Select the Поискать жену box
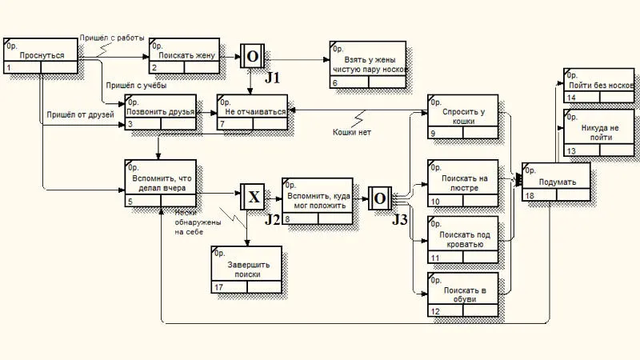coord(184,56)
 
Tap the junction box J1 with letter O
coord(252,56)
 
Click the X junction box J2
coord(252,195)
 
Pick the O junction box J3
coord(379,197)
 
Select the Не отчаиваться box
coord(252,112)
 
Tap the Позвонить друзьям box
coord(159,112)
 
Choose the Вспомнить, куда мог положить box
coord(317,200)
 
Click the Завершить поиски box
coord(246,269)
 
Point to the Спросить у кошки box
coord(462,117)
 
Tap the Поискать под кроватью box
coord(462,239)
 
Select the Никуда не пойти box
coord(598,133)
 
